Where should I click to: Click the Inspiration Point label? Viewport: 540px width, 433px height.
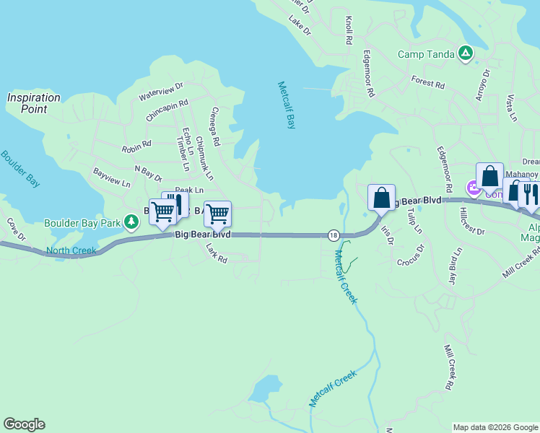[x=33, y=103]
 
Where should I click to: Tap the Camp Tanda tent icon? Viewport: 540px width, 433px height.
[x=466, y=53]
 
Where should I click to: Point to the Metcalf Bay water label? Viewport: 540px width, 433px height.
[x=287, y=105]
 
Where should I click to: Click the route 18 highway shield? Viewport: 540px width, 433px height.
[x=333, y=235]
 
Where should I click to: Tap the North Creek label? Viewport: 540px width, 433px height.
[x=71, y=251]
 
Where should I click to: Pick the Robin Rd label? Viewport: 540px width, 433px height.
[x=136, y=146]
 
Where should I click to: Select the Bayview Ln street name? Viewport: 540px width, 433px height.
[x=111, y=178]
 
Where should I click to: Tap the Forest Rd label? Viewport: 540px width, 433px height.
[x=427, y=82]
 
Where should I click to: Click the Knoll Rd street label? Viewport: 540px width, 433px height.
[x=349, y=30]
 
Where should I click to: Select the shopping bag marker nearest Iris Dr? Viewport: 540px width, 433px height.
[x=380, y=196]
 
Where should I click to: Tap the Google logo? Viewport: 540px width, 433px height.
[x=24, y=424]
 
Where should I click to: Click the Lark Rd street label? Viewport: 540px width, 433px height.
[x=216, y=252]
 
